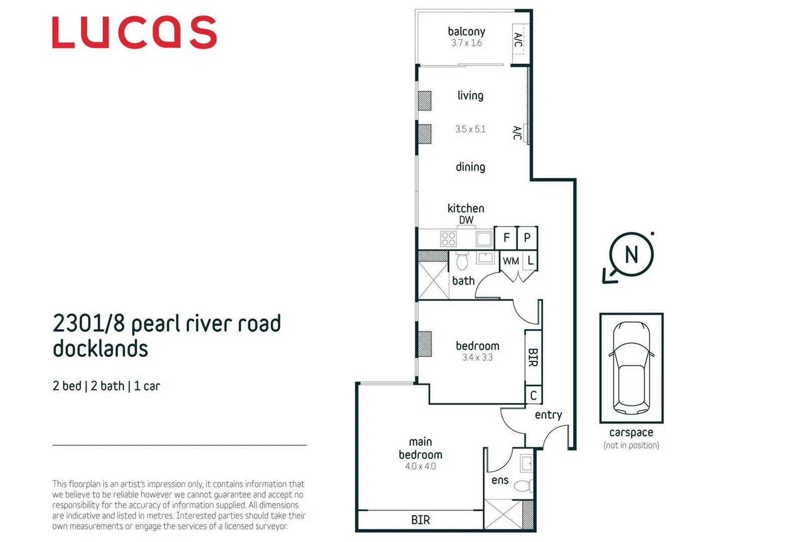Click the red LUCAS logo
[x=134, y=32]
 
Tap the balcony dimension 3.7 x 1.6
[x=466, y=43]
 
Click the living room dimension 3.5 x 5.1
[x=470, y=129]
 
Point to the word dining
[x=470, y=167]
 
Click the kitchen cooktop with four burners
[x=448, y=239]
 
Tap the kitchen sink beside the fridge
[x=483, y=239]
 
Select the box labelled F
[x=506, y=238]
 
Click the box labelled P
[x=527, y=238]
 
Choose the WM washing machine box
[x=511, y=261]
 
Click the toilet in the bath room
[x=462, y=261]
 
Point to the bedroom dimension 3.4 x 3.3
[x=477, y=357]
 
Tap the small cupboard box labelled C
[x=533, y=395]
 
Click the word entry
[x=548, y=415]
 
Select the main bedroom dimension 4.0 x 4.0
[x=420, y=466]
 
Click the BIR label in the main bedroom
[x=420, y=520]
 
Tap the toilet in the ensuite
[x=524, y=486]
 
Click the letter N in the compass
[x=631, y=254]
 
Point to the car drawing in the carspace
[x=631, y=368]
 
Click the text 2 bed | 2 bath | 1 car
[x=106, y=386]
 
